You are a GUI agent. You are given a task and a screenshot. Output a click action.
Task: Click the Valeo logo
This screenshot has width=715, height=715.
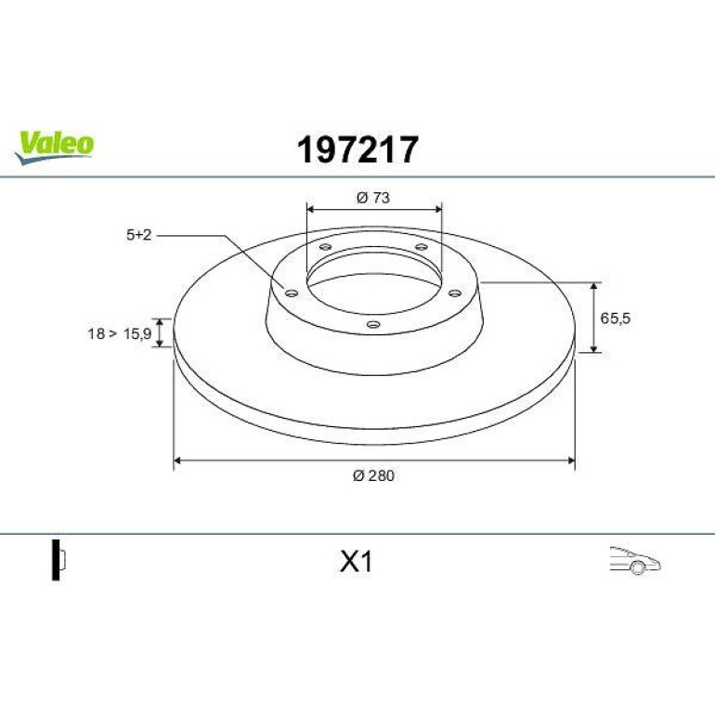click(54, 148)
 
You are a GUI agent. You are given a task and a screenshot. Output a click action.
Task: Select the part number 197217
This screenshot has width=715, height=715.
click(357, 149)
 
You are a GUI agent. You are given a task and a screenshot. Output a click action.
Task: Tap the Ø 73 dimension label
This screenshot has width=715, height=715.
click(373, 198)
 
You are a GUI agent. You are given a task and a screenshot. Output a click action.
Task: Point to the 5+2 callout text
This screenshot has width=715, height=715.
click(138, 235)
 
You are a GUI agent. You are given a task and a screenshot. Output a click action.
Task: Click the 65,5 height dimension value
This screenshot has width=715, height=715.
click(615, 318)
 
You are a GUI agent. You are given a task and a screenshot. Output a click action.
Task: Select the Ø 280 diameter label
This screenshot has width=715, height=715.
click(373, 475)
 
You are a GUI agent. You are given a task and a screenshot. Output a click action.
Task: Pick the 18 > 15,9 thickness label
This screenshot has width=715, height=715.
click(120, 333)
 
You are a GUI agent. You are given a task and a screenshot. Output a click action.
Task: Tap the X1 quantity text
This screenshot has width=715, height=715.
click(357, 562)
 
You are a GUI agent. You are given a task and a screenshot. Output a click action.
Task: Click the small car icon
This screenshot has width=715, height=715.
click(635, 560)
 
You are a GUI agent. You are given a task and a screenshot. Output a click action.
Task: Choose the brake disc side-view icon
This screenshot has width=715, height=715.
click(58, 560)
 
